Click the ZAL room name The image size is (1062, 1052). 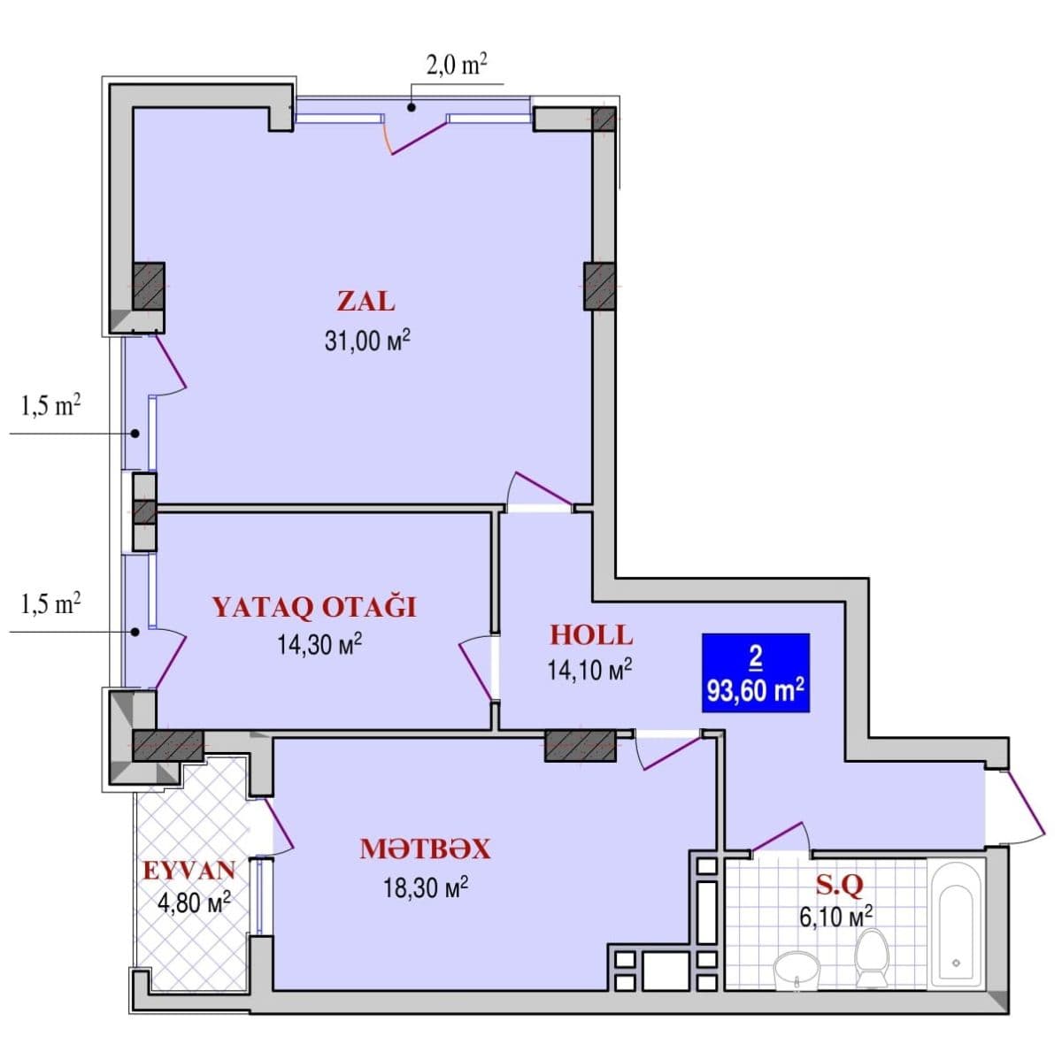point(366,301)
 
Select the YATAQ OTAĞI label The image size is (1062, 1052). point(313,607)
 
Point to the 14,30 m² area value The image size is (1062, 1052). point(319,644)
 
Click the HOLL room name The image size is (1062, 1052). point(591,634)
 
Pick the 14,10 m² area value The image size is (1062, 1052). point(589,670)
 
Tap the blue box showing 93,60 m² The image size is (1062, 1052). point(755,673)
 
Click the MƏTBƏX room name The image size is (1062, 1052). point(425,849)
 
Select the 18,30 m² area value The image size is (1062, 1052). point(425,887)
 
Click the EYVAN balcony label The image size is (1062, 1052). point(189,870)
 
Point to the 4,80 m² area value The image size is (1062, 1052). point(194,902)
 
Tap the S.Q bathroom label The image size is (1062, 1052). point(838,883)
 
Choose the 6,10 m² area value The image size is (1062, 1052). point(835,915)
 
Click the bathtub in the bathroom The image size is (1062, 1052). point(956,922)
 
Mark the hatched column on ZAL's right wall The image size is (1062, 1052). point(599,286)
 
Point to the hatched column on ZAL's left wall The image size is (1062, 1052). point(149,286)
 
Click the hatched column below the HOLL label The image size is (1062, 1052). point(580,745)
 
